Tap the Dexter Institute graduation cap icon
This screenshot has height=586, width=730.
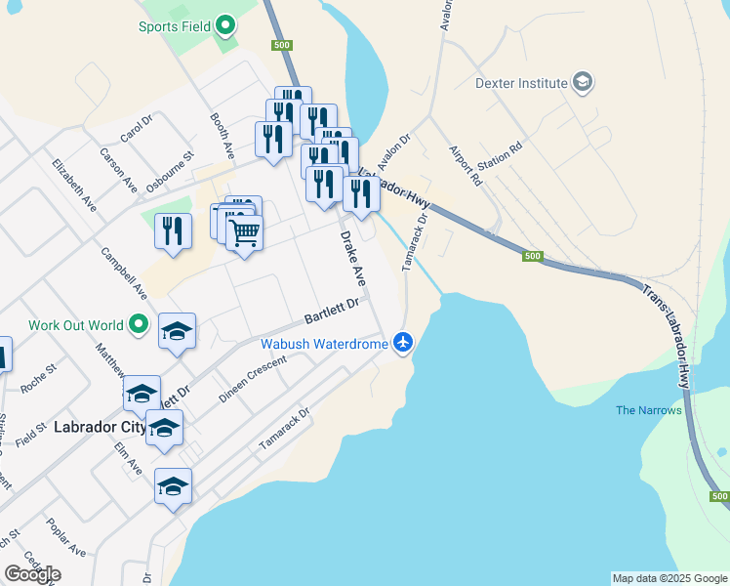pos(583,82)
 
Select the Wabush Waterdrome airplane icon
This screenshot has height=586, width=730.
pos(403,342)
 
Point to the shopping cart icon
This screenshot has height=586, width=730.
pos(244,232)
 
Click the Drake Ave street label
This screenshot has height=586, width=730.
pos(352,258)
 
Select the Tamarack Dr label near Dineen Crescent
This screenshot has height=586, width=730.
pos(284,429)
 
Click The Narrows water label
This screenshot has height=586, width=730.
pos(649,410)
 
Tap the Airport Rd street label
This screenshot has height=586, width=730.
pos(465,166)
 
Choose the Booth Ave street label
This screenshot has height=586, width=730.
pos(223,137)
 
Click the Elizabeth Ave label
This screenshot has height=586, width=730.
pos(75,186)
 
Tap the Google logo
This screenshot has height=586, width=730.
pos(32,574)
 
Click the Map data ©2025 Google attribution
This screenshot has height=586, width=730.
pos(669,578)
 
